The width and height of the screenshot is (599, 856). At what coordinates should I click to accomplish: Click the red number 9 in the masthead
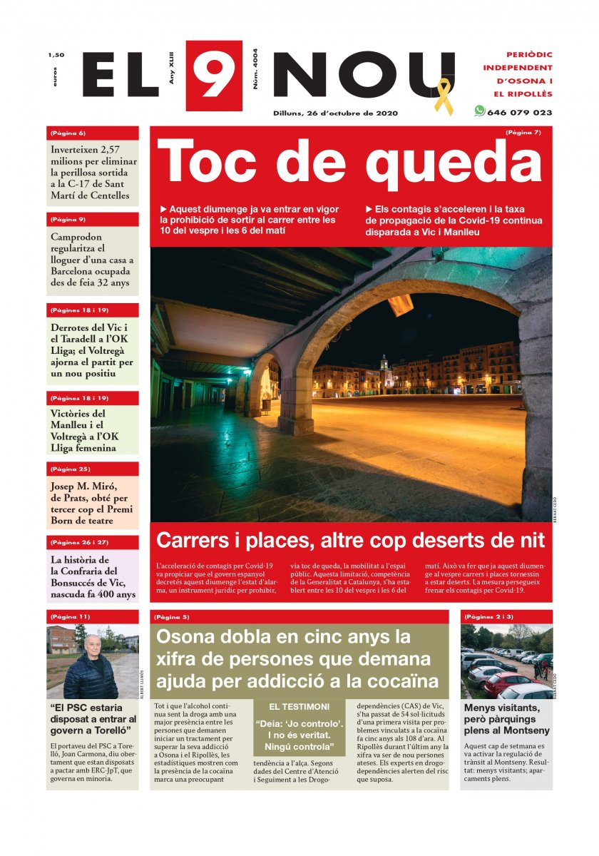pyautogui.click(x=213, y=75)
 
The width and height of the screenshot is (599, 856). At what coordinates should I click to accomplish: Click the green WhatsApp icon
pyautogui.click(x=479, y=111)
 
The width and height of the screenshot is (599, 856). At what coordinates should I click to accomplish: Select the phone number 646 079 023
pyautogui.click(x=519, y=113)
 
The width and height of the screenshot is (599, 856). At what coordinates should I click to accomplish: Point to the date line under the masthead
pyautogui.click(x=335, y=113)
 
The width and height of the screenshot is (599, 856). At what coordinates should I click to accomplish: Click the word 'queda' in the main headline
pyautogui.click(x=454, y=161)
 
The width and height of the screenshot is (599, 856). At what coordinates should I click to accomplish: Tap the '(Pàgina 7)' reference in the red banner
pyautogui.click(x=523, y=133)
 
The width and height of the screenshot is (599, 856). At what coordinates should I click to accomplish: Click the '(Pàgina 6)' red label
pyautogui.click(x=68, y=133)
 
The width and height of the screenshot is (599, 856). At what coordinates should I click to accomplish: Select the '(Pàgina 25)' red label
pyautogui.click(x=71, y=469)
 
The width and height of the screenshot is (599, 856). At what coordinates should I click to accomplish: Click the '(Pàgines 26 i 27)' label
pyautogui.click(x=79, y=542)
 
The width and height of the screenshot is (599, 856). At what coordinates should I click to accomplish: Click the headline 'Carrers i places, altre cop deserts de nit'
pyautogui.click(x=350, y=540)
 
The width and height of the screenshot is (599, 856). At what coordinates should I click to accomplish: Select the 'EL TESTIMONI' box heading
pyautogui.click(x=299, y=707)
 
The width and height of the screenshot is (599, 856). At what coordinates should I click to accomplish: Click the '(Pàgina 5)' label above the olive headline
pyautogui.click(x=171, y=616)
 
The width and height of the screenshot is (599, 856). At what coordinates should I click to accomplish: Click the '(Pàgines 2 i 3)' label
pyautogui.click(x=488, y=616)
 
